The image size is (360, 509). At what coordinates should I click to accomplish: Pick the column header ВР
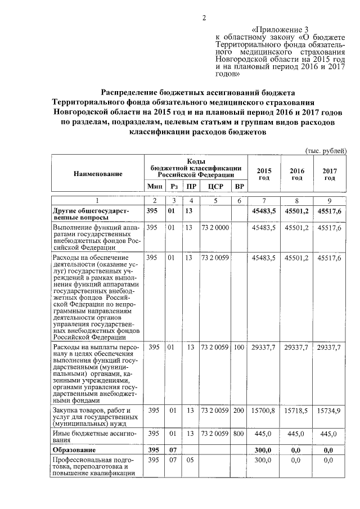[240, 186]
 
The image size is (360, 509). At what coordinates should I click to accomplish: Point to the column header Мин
[154, 186]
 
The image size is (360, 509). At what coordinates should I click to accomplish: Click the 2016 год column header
[296, 174]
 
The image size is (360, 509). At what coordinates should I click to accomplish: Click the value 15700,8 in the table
[264, 411]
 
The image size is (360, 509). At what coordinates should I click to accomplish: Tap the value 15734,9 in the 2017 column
[329, 411]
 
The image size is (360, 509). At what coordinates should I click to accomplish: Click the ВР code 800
[240, 434]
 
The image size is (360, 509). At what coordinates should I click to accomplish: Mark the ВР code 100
[240, 347]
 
